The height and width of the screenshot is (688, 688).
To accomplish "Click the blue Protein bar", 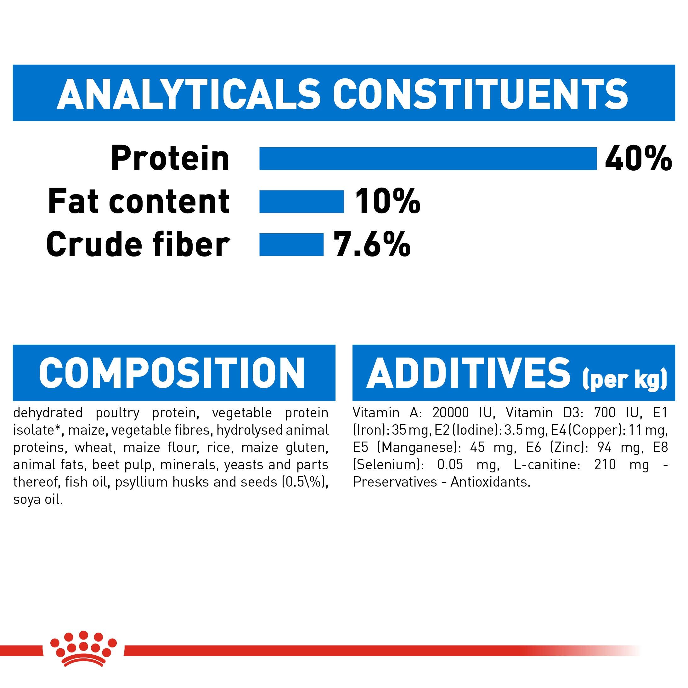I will [427, 159].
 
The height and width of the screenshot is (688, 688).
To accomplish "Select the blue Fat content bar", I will [301, 201].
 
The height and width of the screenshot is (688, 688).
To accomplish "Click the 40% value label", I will [638, 159].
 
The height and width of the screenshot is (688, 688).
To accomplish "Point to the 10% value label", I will [387, 201].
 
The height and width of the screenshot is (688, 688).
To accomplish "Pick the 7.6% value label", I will [371, 245].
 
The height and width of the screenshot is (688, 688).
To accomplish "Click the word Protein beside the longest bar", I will [170, 159].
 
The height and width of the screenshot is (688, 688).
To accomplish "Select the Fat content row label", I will [138, 201].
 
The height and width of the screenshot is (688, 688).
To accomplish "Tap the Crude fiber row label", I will [138, 245].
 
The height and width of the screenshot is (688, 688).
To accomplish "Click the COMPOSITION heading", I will [172, 373].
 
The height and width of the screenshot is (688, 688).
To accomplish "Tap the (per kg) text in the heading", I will [624, 380].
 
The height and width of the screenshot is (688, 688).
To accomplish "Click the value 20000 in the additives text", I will [450, 413].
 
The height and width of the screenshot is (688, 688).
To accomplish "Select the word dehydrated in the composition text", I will [48, 413].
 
